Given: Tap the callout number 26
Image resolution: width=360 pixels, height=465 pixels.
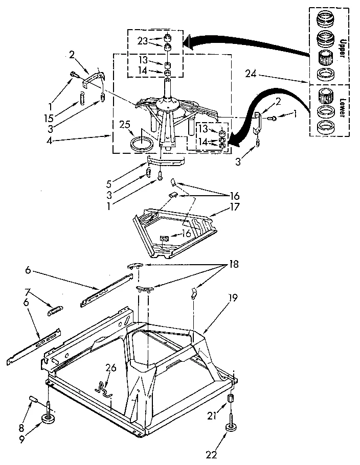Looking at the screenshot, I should point(110,367).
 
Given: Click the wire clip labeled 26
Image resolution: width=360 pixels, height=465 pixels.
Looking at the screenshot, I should point(104,387).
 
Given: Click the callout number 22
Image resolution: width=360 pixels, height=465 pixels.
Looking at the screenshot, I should point(210,454).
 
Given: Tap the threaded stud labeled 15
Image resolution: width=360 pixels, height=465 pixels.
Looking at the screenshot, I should point(81,97).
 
